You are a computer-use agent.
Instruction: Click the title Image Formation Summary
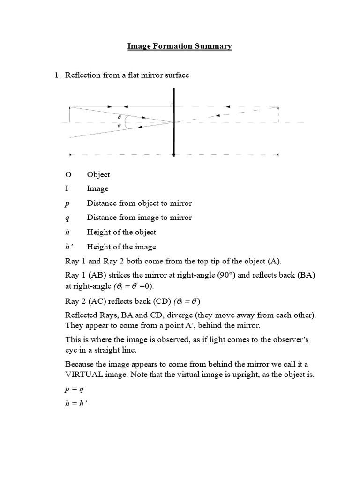[180, 46]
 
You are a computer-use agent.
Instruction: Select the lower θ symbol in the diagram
[119, 126]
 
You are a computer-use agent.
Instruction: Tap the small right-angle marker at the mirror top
[172, 105]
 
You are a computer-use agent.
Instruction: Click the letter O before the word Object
[68, 174]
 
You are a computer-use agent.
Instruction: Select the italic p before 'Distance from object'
[67, 203]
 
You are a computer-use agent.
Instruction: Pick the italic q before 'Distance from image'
[67, 218]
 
